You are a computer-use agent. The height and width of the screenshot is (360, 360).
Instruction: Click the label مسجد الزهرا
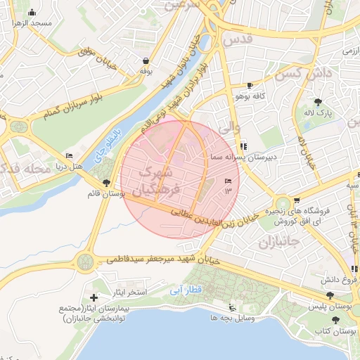point(32,23)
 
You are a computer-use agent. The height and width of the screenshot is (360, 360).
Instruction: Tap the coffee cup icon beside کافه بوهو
point(250,85)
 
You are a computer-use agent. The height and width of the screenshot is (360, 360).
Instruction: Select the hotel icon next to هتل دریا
point(69,155)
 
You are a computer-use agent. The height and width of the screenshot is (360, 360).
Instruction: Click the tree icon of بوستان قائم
point(106,183)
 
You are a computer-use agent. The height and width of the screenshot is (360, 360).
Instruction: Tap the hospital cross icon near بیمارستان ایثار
point(95,298)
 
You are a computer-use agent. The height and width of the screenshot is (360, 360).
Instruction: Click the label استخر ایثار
point(127,292)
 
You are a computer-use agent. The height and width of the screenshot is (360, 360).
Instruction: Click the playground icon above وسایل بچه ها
point(232,307)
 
